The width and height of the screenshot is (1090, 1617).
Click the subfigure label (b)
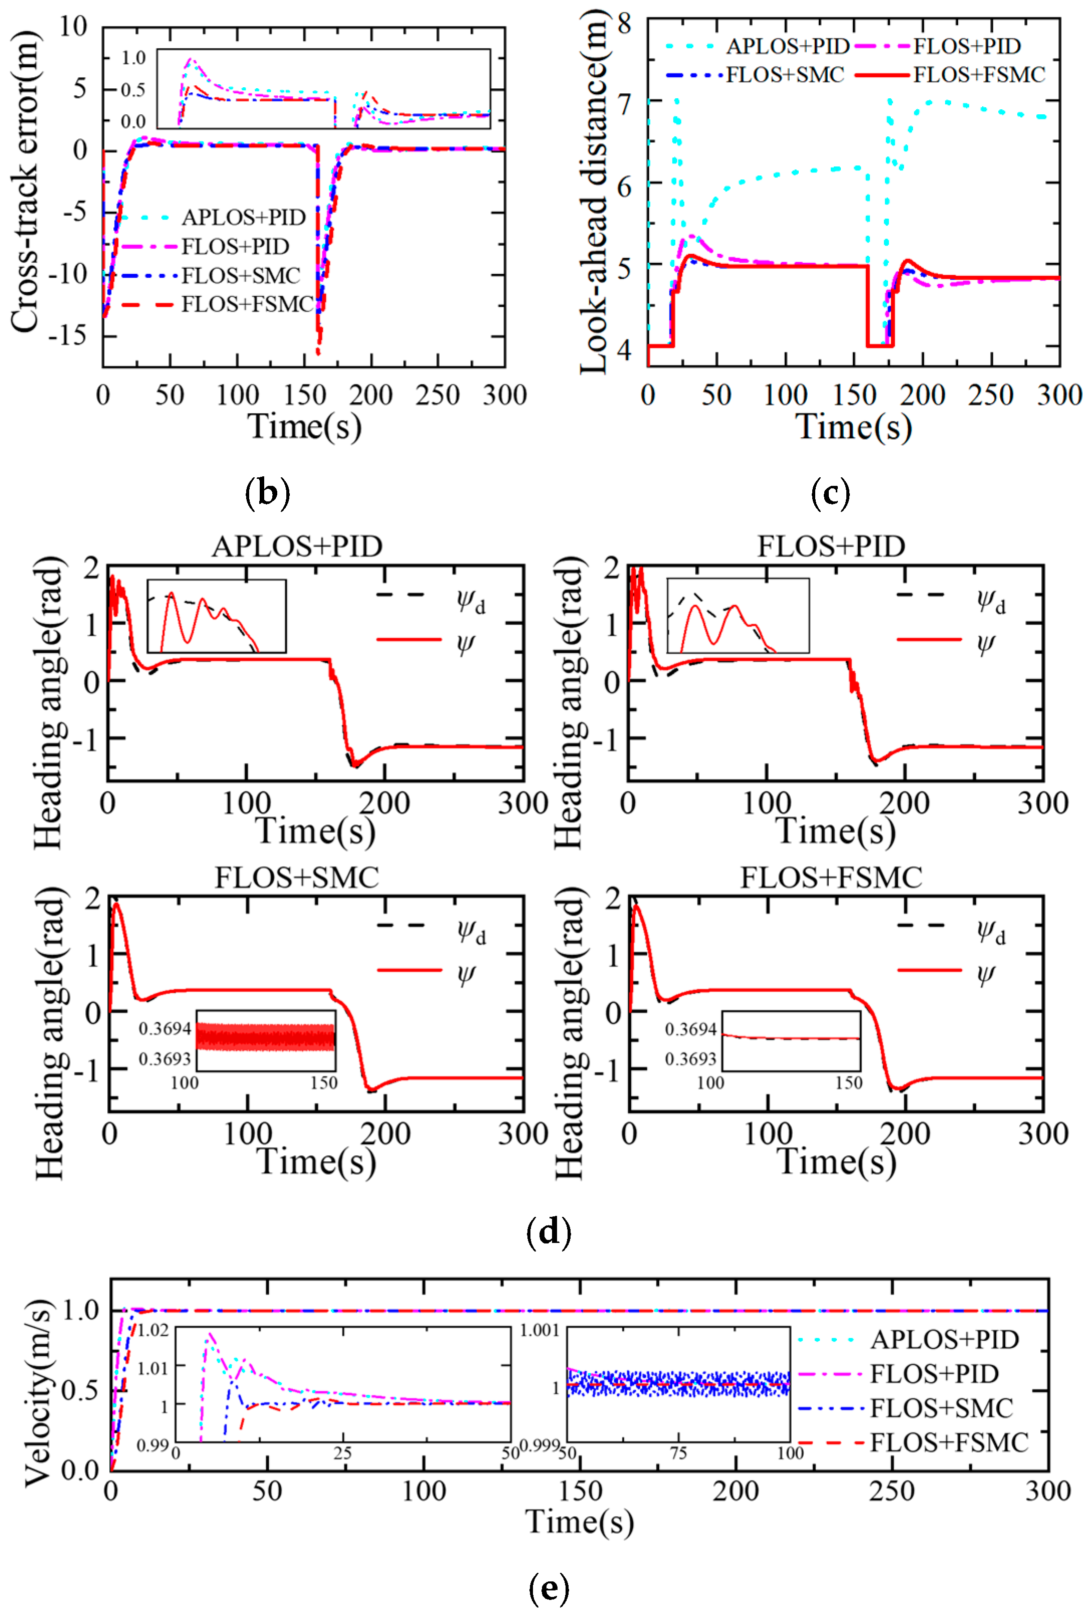point(268,493)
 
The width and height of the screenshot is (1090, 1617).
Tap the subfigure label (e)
point(549,1587)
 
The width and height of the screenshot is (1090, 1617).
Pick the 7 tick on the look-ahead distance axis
point(624,103)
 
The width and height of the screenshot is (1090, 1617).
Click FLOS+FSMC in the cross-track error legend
point(247,304)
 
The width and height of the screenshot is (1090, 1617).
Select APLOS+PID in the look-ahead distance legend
point(788,47)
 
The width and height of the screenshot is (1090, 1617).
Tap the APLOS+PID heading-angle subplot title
point(297,547)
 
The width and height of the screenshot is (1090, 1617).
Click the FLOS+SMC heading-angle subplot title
point(297,877)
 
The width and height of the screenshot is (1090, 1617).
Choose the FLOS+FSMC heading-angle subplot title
point(831,877)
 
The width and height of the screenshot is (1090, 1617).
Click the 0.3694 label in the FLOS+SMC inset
point(165,1029)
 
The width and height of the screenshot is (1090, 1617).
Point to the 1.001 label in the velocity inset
point(540,1330)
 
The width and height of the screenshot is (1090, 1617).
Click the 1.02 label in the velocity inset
point(153,1330)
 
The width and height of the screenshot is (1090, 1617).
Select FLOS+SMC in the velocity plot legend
point(941,1408)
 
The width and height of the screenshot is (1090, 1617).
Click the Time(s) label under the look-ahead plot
point(854,427)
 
